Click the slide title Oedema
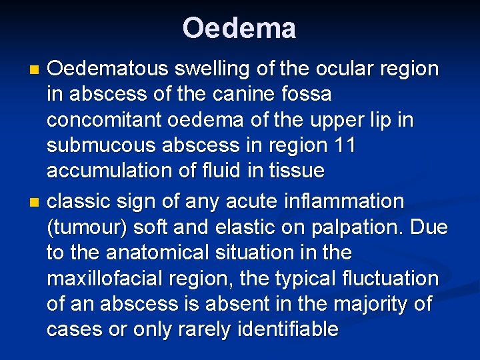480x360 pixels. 239,29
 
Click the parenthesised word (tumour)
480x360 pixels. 87,227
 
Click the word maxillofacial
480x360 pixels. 108,278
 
